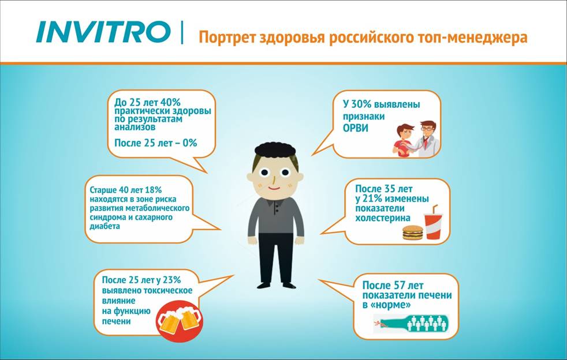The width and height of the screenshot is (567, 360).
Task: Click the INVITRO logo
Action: (103, 32)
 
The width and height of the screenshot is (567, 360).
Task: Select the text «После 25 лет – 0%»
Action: (155, 143)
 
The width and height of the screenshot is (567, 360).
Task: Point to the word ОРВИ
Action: (356, 128)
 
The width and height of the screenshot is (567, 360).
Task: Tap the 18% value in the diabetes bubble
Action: (154, 190)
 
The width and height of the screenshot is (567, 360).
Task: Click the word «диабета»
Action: (105, 227)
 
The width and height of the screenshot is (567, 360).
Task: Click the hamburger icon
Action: (413, 232)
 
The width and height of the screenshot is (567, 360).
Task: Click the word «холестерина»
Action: (383, 218)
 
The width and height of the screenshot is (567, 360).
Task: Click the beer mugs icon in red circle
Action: (180, 320)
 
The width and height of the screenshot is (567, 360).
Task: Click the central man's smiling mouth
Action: (274, 188)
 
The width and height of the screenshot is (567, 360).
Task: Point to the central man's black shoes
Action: (277, 285)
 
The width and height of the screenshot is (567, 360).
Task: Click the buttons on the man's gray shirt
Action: (277, 209)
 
